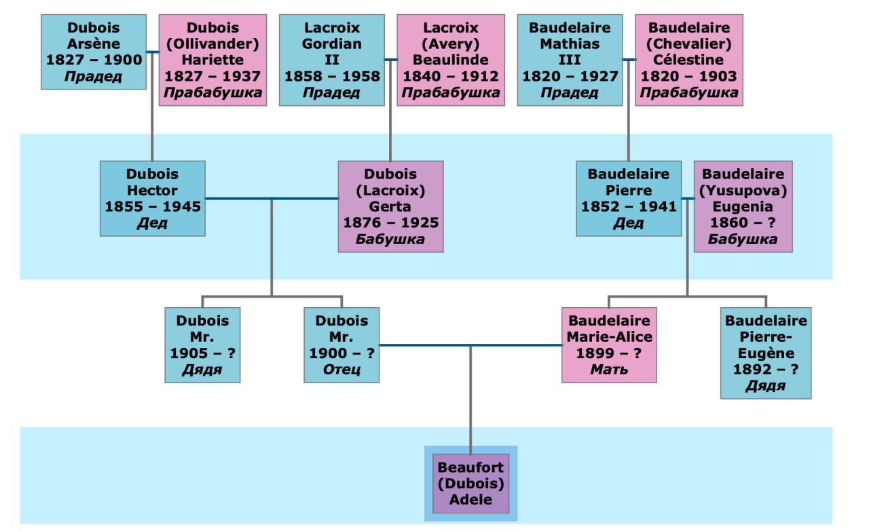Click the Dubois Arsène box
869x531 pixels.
[94, 52]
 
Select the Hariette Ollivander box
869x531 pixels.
[212, 60]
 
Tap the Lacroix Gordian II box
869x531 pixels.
[331, 60]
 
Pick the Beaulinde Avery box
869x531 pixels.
[451, 60]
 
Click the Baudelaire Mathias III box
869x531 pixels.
[570, 60]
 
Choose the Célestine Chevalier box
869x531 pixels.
[689, 60]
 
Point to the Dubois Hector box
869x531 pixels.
[152, 198]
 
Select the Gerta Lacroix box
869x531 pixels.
[390, 206]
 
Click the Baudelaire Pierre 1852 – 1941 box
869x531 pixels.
[629, 198]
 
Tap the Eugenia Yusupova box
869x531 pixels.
[743, 206]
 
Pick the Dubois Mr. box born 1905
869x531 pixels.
[202, 345]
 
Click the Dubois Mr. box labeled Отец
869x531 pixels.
[341, 345]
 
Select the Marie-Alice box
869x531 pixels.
[609, 345]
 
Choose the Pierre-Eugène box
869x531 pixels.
[766, 353]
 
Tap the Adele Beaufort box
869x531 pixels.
[470, 484]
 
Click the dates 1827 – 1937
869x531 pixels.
[212, 76]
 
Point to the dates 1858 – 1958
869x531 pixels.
[331, 76]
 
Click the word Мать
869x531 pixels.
[609, 370]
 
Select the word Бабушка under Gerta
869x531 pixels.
[390, 239]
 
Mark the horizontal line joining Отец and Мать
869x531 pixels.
[470, 345]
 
